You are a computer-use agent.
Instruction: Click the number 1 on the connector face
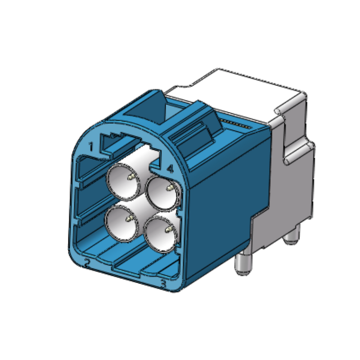pos(91,146)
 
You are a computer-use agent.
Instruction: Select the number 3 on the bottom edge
pos(163,284)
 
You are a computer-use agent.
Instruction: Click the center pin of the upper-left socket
pos(130,178)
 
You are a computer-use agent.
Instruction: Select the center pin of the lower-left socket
pos(129,220)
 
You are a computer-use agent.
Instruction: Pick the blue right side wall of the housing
pos(225,202)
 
